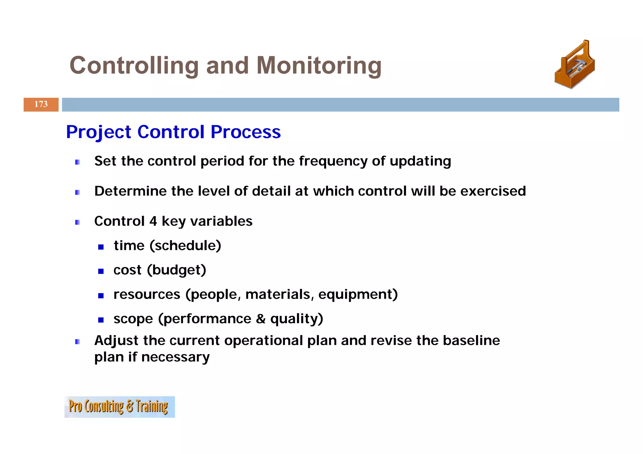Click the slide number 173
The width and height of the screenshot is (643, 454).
41,104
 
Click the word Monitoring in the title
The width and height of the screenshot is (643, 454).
319,66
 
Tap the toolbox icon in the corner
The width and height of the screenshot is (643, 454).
575,65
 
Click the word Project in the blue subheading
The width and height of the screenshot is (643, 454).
98,132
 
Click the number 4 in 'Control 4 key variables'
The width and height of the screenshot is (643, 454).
153,221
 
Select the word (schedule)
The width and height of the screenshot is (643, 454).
185,246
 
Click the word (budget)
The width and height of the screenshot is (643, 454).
176,270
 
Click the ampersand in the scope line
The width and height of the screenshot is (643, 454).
260,319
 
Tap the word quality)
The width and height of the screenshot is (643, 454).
296,319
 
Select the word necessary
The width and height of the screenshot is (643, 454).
175,357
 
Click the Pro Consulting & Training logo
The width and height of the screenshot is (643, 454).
120,407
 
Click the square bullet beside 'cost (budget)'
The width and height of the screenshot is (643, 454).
101,271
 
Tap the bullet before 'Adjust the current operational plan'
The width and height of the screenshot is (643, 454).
78,342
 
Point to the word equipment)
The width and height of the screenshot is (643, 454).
358,295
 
